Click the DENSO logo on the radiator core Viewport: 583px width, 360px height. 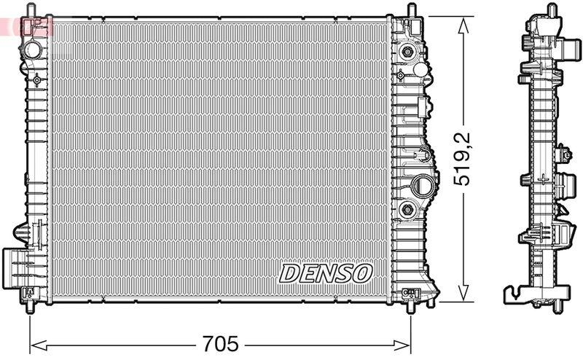(x=326, y=273)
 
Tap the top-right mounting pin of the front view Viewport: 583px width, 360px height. (x=412, y=10)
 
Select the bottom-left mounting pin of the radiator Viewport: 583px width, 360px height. (x=30, y=308)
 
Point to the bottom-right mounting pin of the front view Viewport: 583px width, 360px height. (x=412, y=307)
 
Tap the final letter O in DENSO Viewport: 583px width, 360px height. (x=362, y=273)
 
